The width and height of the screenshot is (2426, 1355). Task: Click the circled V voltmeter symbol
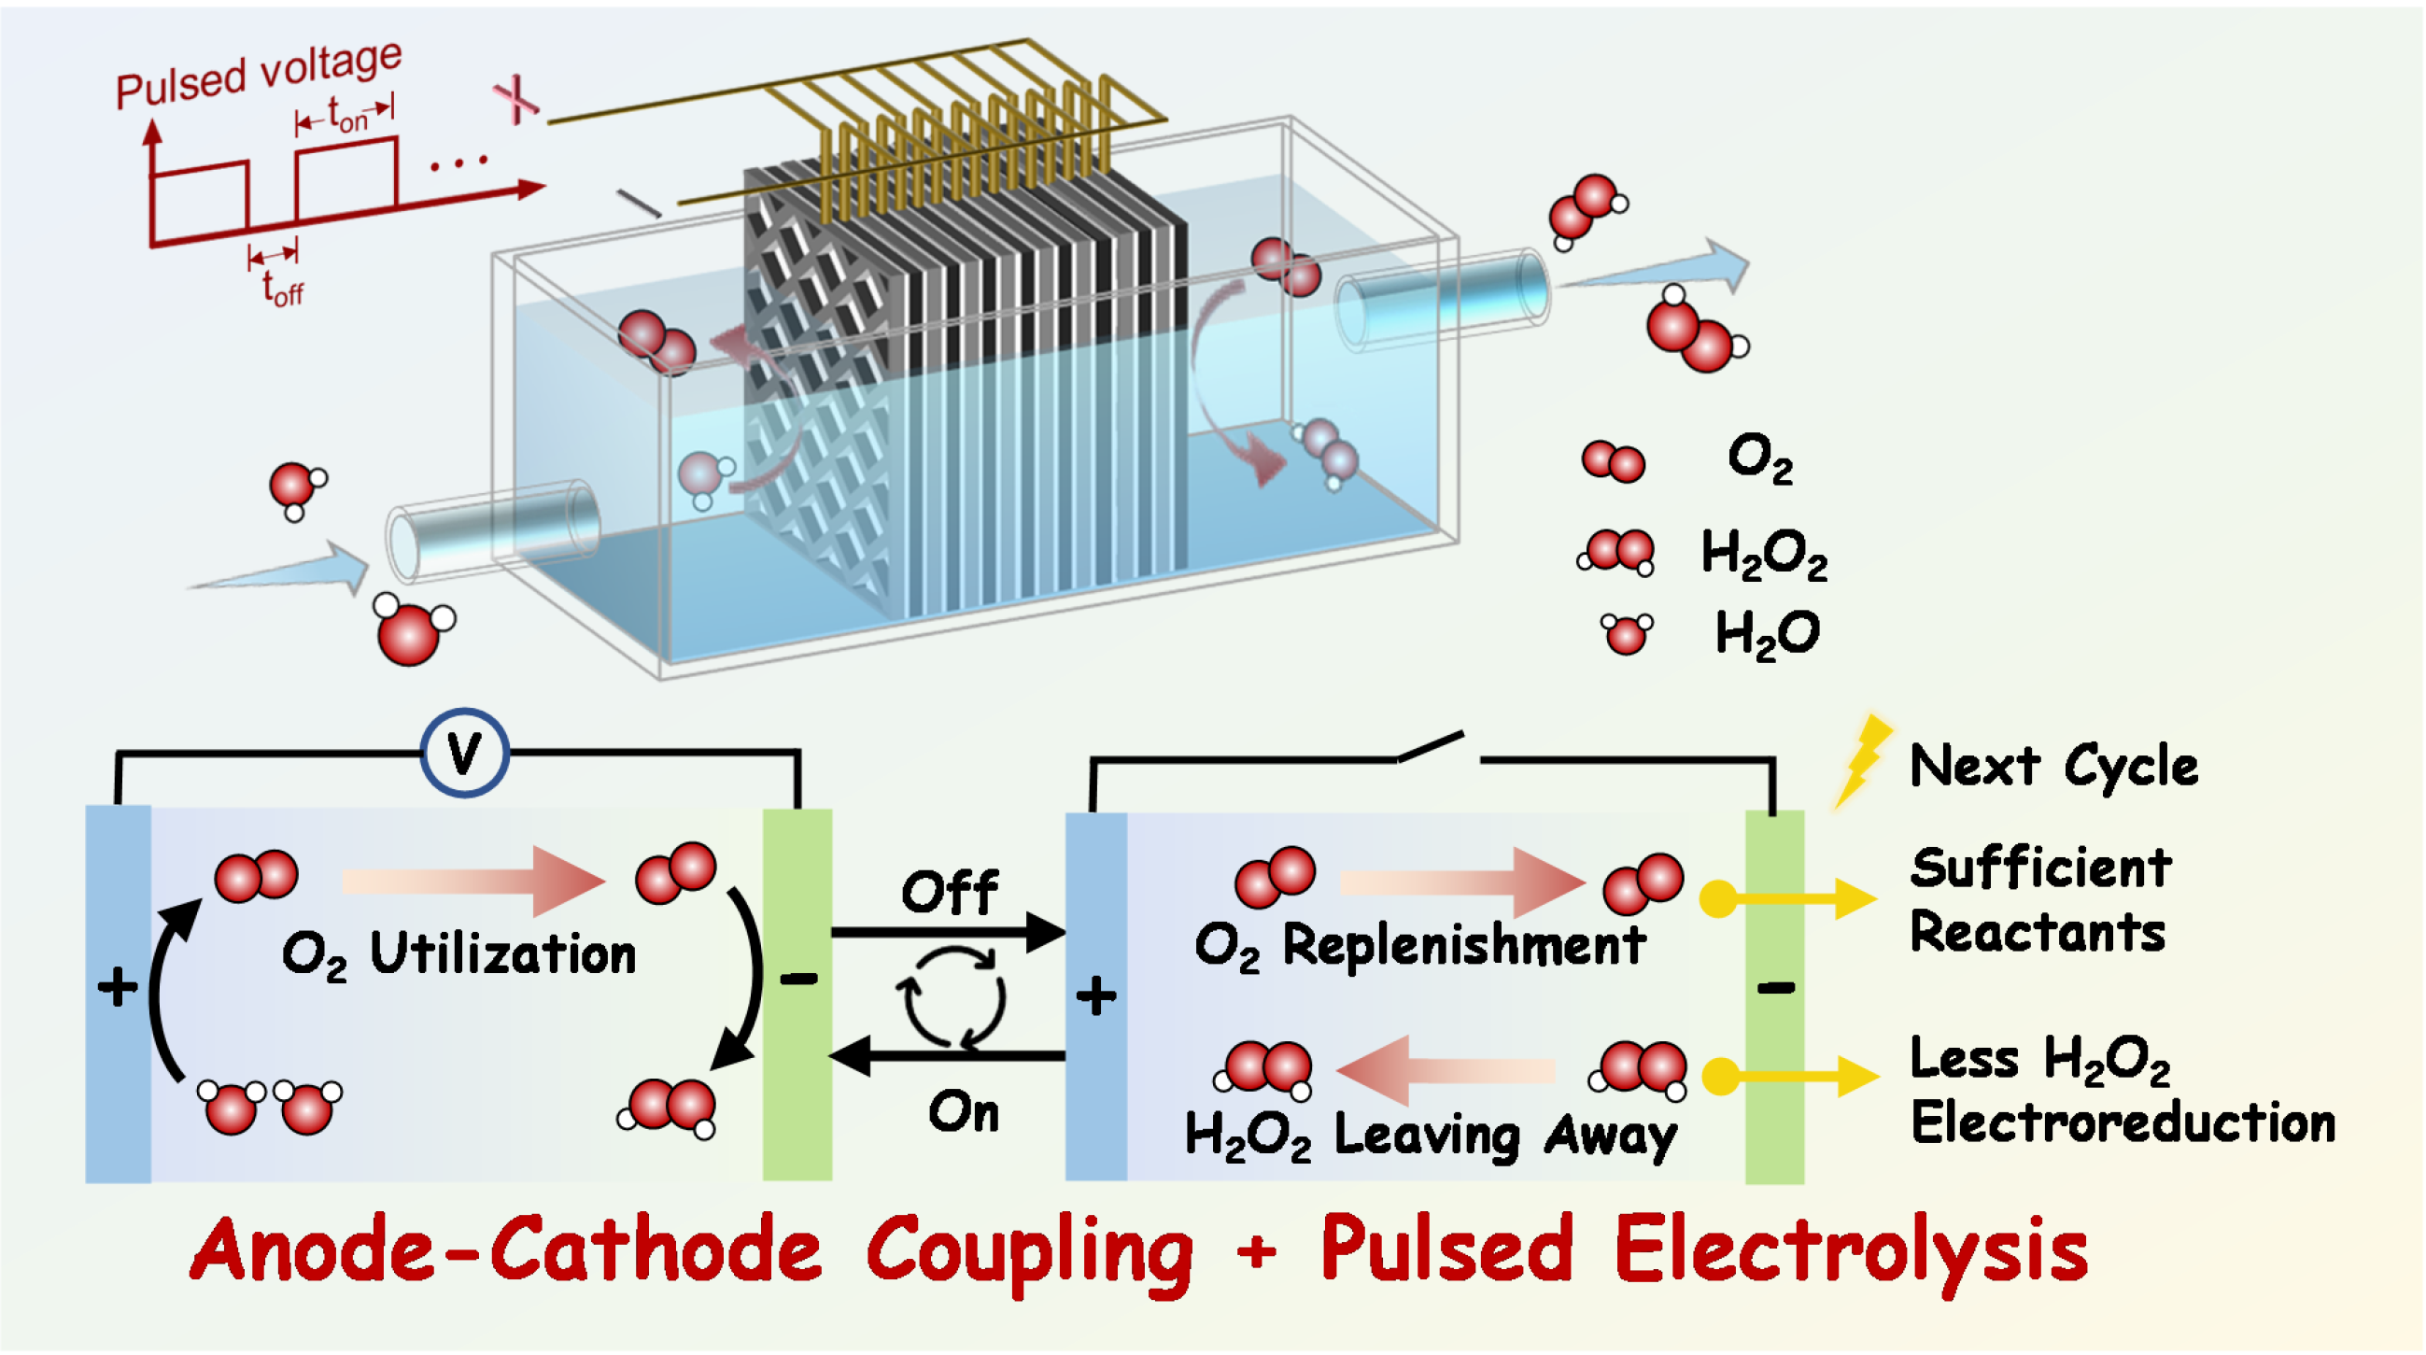pos(463,753)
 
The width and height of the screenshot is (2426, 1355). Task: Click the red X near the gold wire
pos(516,98)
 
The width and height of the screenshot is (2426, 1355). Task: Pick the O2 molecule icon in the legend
pos(1614,461)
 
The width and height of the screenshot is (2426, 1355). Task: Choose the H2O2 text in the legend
pos(1764,553)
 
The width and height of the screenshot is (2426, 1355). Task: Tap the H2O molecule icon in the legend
pos(1627,633)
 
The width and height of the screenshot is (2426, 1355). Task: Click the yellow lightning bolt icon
pos(1862,761)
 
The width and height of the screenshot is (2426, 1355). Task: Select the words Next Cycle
pos(2053,765)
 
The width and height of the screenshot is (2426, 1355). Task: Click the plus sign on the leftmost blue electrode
pos(118,987)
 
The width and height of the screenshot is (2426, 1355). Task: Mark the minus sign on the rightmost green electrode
pos(1775,987)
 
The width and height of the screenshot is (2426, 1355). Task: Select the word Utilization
pos(503,953)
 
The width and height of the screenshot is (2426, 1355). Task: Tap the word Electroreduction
pos(2123,1122)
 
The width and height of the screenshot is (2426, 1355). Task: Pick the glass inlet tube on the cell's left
pos(492,529)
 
